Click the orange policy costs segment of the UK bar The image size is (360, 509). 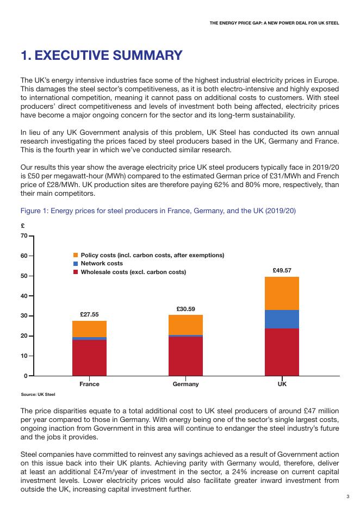[282, 293]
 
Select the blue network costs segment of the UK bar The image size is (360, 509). [282, 319]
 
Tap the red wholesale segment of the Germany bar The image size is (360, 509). [185, 356]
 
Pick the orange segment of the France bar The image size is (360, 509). [89, 329]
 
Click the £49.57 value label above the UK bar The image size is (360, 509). [282, 270]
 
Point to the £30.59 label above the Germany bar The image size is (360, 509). [185, 309]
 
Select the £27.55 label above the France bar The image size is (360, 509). [89, 314]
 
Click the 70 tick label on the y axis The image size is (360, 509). [24, 236]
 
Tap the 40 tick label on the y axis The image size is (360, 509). [24, 296]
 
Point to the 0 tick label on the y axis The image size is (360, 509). [26, 376]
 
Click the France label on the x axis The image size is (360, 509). [89, 384]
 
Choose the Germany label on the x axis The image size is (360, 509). [185, 384]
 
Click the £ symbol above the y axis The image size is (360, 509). [23, 226]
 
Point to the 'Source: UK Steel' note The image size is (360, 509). [38, 394]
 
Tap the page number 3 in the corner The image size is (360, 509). [347, 496]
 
